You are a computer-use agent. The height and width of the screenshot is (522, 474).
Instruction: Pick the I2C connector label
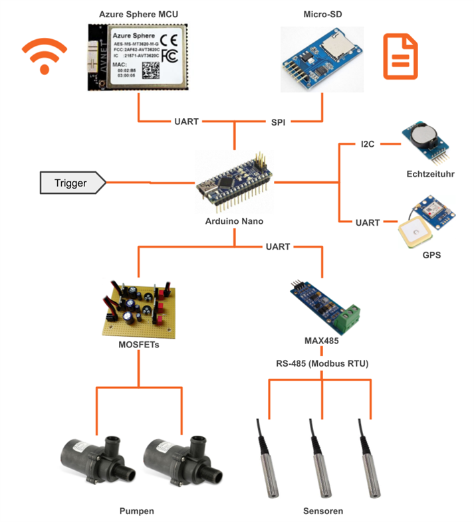click(367, 143)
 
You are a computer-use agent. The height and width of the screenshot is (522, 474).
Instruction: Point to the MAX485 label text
click(322, 341)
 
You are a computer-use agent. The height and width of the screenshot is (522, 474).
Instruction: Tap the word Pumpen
click(137, 511)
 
